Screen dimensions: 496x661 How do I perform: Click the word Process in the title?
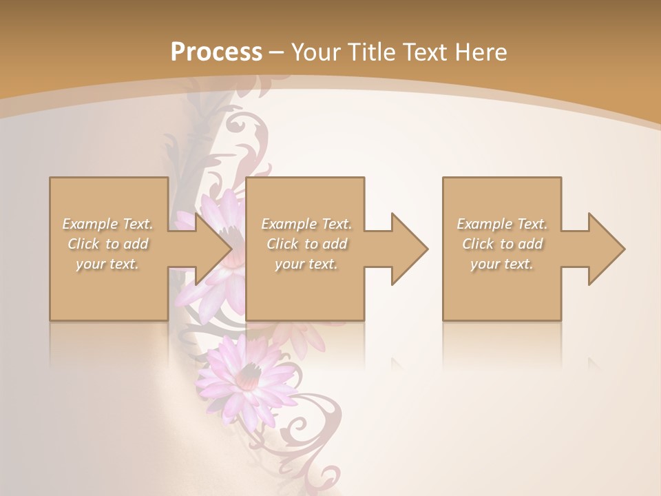coord(216,52)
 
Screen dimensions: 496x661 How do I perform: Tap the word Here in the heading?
coord(482,52)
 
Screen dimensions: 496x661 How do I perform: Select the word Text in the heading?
coord(427,52)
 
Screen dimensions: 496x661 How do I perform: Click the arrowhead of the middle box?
coord(409,249)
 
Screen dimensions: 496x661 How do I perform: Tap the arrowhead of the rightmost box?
coord(606,249)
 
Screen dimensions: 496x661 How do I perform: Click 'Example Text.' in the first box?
coord(107,224)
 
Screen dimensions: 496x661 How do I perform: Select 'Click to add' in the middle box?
coord(306,244)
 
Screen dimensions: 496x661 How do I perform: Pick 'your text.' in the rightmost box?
coord(502,264)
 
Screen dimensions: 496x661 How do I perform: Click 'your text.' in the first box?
coord(107,264)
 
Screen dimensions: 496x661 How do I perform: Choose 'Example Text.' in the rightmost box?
coord(502,224)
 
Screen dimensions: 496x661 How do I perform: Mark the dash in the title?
coord(277,53)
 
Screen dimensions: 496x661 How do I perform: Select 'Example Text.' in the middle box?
coord(306,224)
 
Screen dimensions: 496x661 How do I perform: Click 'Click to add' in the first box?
coord(107,244)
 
